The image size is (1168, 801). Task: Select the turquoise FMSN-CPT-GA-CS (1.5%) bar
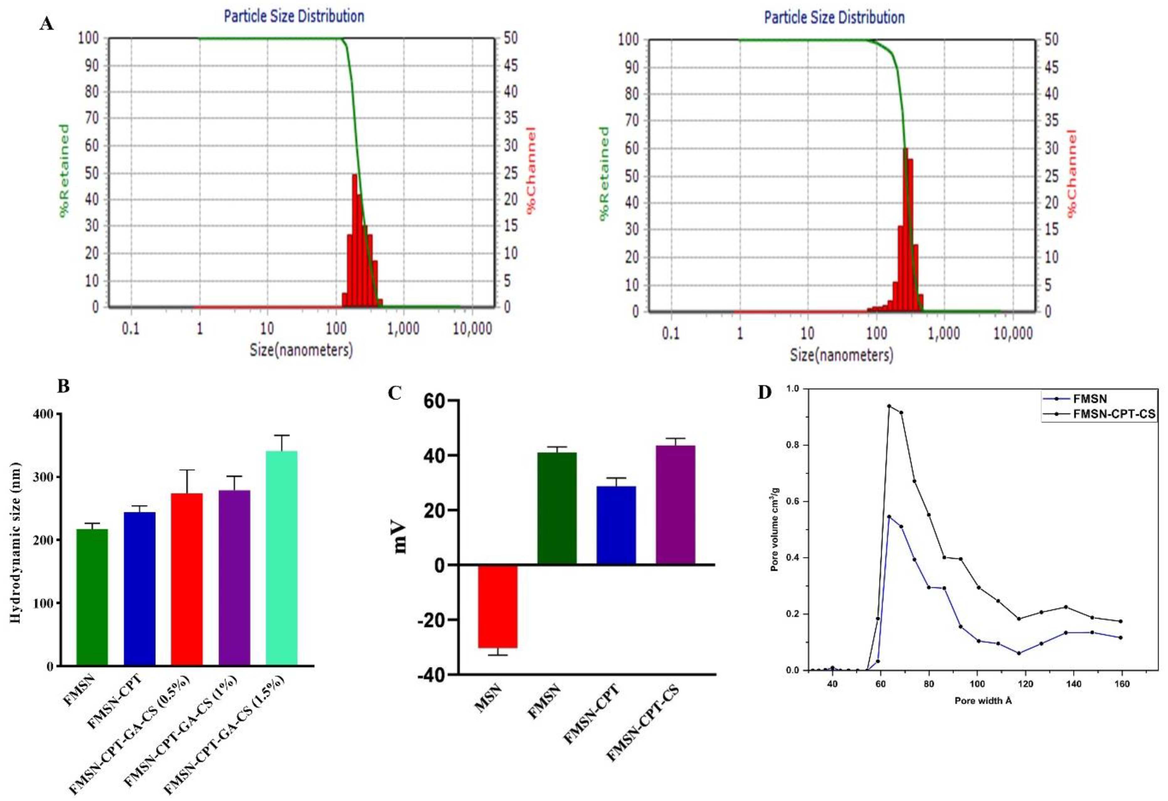281,558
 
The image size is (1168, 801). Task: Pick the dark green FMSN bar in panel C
557,507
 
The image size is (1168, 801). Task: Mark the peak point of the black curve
888,406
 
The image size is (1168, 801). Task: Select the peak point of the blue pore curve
888,516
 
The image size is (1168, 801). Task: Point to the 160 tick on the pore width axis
1122,684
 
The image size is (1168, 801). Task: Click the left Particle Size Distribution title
294,16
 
